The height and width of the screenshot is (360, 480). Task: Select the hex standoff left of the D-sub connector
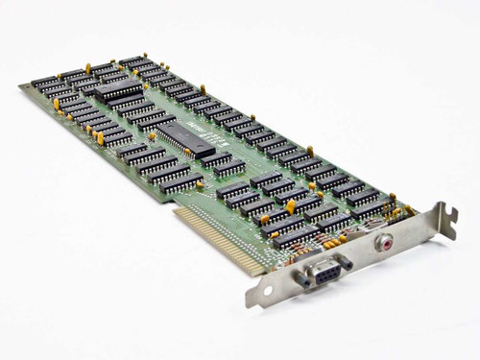click(299, 281)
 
